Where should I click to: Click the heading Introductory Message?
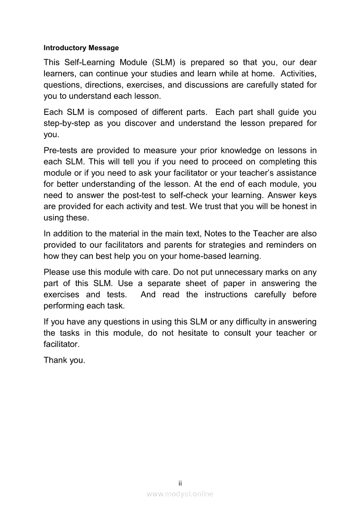81,47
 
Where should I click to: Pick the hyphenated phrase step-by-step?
67,123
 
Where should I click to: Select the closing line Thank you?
64,360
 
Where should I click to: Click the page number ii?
180,483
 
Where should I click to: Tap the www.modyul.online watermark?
180,494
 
